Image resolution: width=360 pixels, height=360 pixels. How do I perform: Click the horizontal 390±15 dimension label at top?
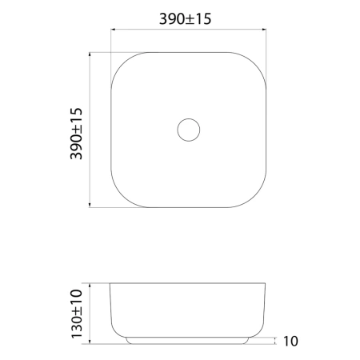coord(185,19)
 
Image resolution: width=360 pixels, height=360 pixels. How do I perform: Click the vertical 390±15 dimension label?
coord(76,134)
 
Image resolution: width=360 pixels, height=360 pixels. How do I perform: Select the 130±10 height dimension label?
coord(77,314)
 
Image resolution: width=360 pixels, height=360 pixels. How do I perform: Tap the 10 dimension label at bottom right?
coord(290,341)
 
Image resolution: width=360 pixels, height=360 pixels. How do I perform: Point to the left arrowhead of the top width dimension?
coord(113,30)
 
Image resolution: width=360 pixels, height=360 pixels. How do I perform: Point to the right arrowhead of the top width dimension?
coord(264,30)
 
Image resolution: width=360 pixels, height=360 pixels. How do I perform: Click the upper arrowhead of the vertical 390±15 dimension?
coord(90,54)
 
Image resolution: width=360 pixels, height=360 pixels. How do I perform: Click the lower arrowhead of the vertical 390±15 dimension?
coord(90,205)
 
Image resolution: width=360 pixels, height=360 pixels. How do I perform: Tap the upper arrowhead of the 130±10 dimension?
coord(90,286)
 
